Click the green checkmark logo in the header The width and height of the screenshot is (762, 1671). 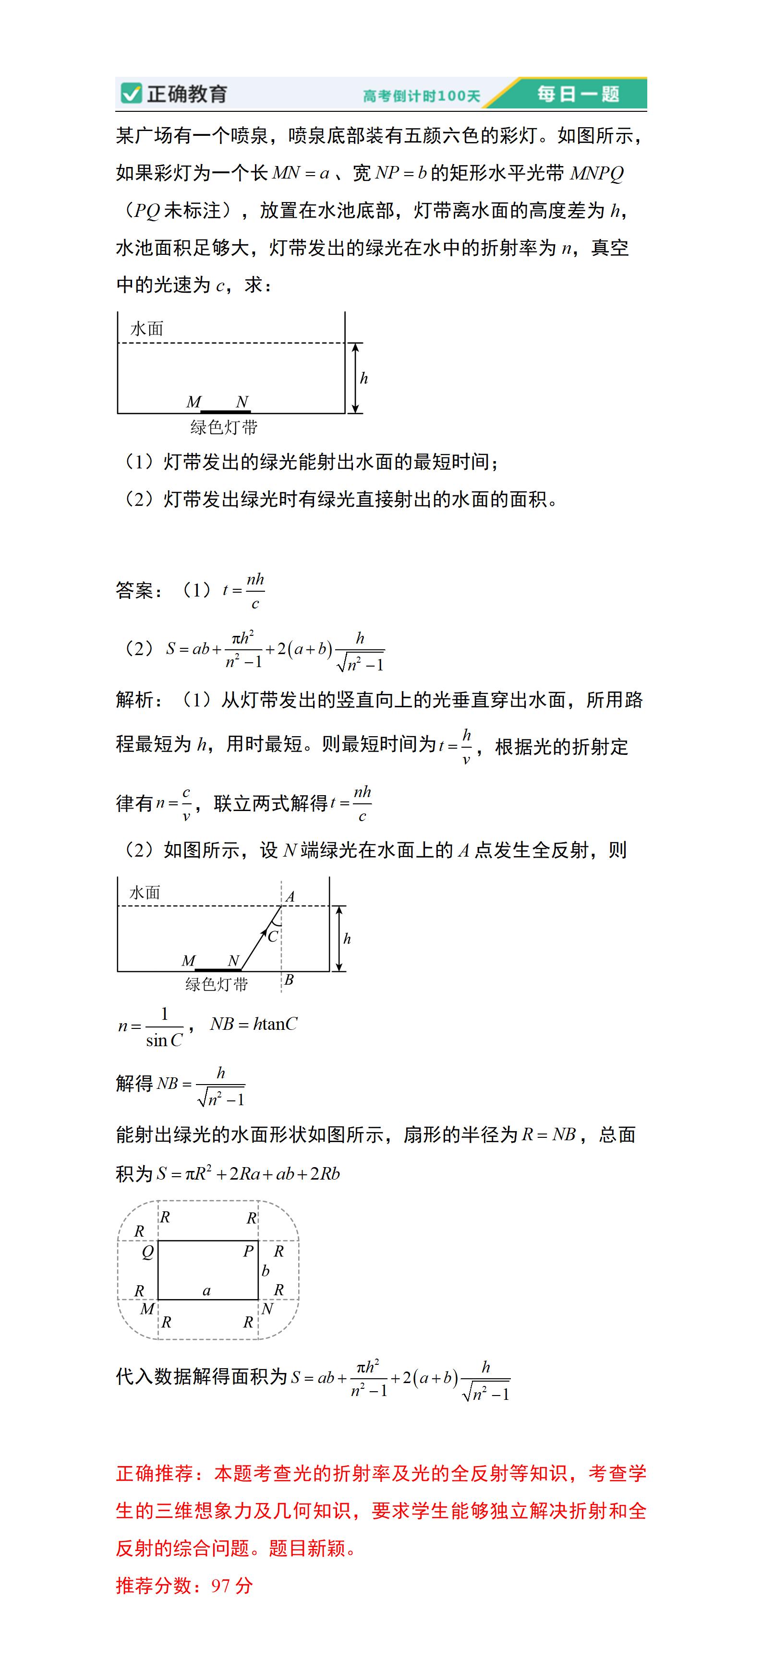(131, 94)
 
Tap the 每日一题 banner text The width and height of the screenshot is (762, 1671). (578, 94)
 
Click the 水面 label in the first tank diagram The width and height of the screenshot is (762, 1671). (147, 328)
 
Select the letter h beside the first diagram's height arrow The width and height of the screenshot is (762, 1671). (364, 378)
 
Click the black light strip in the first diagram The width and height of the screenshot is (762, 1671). (225, 411)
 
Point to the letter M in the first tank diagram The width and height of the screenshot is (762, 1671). (194, 402)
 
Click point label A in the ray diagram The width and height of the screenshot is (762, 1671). (290, 896)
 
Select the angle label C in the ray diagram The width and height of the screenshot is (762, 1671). (273, 936)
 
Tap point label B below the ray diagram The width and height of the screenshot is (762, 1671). (289, 979)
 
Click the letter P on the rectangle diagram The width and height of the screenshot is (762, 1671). (248, 1251)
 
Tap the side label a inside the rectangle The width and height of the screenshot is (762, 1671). (206, 1290)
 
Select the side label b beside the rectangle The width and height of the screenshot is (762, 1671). (265, 1271)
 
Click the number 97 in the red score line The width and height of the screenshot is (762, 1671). (221, 1586)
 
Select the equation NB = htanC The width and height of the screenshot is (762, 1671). (253, 1024)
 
